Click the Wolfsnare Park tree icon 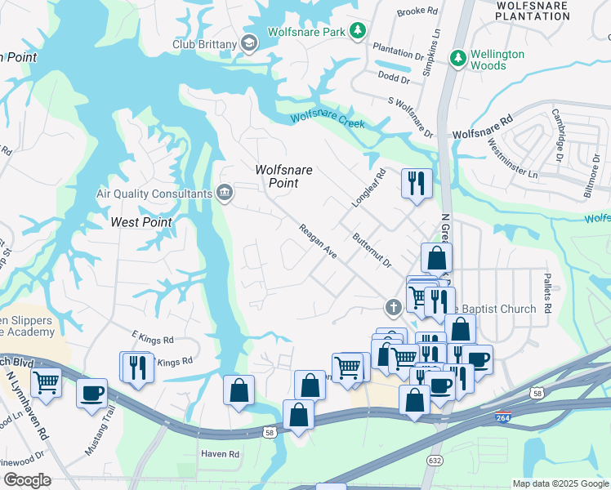(357, 31)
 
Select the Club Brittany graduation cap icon (250, 43)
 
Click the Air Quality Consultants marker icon (224, 194)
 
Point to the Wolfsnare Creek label (327, 119)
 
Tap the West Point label (141, 222)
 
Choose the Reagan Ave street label (318, 242)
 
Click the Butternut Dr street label (372, 251)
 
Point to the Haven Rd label (221, 453)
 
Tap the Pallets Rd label (547, 292)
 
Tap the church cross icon (392, 308)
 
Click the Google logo (26, 480)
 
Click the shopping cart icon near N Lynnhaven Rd (46, 381)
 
